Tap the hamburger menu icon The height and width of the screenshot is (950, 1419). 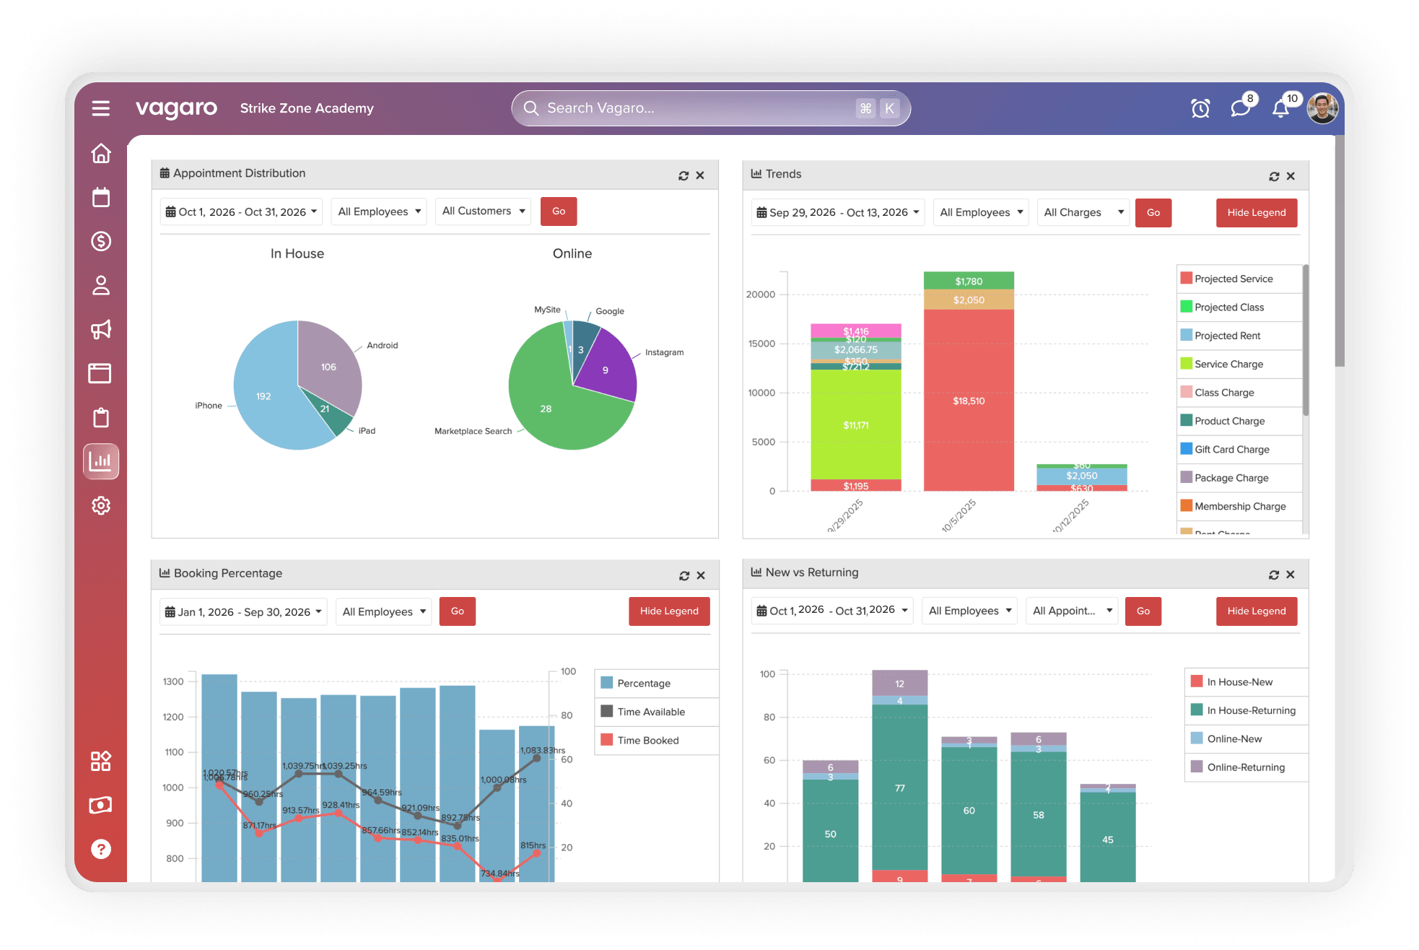point(101,108)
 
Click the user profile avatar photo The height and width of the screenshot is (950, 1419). point(1322,108)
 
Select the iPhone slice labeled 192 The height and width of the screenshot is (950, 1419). point(264,396)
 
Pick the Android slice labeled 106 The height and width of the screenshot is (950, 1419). point(328,367)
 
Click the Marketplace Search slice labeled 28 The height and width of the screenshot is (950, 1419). point(546,409)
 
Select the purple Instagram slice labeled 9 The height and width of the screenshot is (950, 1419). point(606,370)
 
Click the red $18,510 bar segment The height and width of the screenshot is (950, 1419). point(969,401)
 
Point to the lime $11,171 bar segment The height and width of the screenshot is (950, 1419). point(856,425)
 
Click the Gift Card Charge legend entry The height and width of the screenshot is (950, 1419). point(1231,449)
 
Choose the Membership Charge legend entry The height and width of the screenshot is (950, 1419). point(1239,506)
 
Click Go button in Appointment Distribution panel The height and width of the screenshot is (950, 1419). point(559,212)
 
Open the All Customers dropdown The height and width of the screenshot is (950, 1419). point(483,212)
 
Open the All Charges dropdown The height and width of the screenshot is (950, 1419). point(1083,212)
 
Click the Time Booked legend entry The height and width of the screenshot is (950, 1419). point(647,740)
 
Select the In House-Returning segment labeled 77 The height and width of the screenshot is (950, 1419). point(900,788)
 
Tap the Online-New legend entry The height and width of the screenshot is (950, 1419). point(1234,738)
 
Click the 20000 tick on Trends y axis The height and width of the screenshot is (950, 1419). point(761,295)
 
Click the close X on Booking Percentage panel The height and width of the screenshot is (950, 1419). point(701,575)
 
